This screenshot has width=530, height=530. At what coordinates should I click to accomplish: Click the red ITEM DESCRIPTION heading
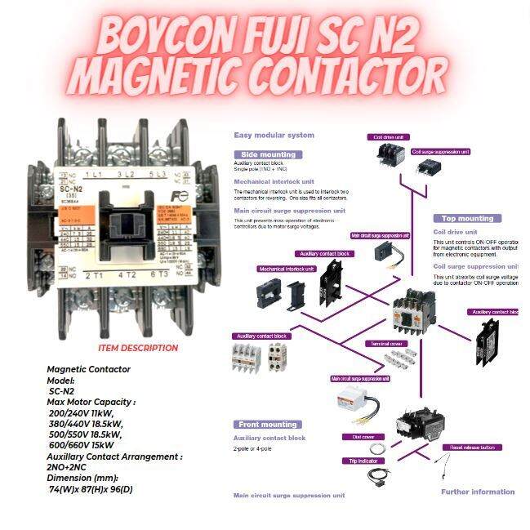[x=137, y=348]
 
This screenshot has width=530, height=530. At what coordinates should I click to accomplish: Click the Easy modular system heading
[x=274, y=135]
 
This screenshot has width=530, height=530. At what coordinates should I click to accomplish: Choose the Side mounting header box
[x=269, y=154]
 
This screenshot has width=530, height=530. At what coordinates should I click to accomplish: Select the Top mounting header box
[x=467, y=219]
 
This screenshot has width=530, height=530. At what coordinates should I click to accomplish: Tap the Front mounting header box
[x=268, y=425]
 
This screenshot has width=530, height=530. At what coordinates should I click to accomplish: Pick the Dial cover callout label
[x=358, y=437]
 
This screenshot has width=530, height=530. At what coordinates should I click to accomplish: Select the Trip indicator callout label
[x=363, y=461]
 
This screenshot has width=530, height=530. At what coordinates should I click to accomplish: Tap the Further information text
[x=478, y=492]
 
